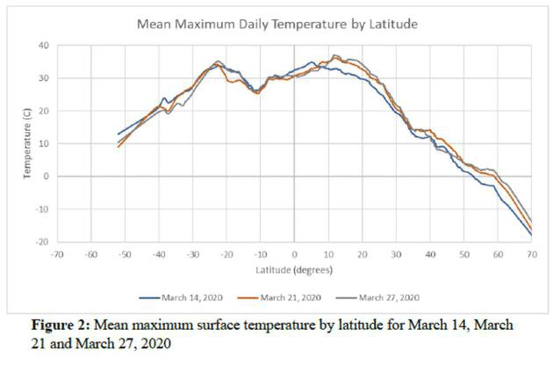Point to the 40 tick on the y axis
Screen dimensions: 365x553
pos(44,46)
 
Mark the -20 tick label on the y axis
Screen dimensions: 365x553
pos(42,241)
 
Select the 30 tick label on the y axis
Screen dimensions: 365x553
pos(44,78)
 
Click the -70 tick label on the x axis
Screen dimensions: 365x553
pos(56,254)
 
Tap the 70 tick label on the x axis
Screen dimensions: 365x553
pos(532,254)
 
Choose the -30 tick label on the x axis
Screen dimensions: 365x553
pos(192,254)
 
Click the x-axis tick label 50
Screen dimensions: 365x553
pos(464,254)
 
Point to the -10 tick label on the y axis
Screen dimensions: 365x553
pos(42,209)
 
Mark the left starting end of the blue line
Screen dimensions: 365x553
pos(118,134)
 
